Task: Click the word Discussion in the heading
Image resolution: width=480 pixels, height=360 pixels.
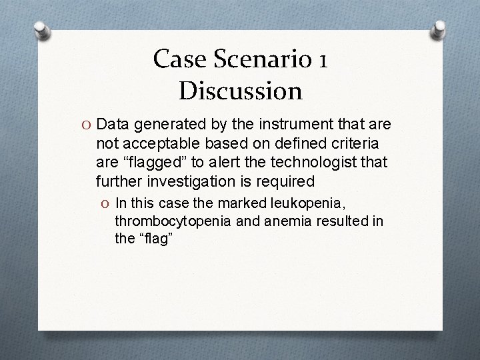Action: [240, 89]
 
